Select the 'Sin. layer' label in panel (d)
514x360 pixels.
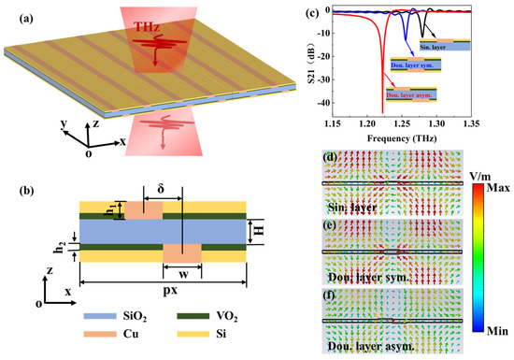click(350, 198)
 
